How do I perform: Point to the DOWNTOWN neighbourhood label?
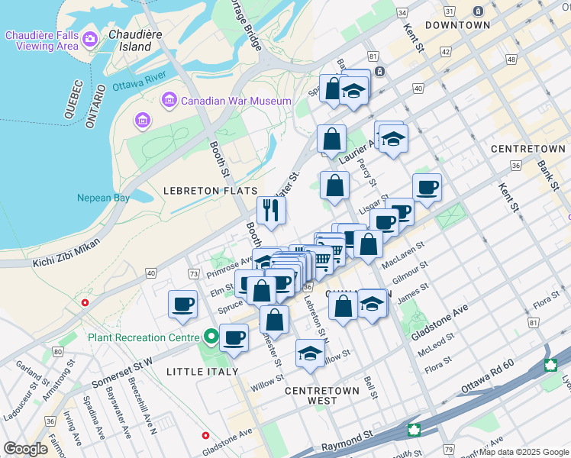point(457,25)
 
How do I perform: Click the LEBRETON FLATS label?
point(211,190)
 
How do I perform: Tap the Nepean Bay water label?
point(103,198)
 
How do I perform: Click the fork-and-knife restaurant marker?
point(271,210)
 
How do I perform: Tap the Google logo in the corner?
point(25,449)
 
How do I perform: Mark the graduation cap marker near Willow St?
point(309,353)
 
